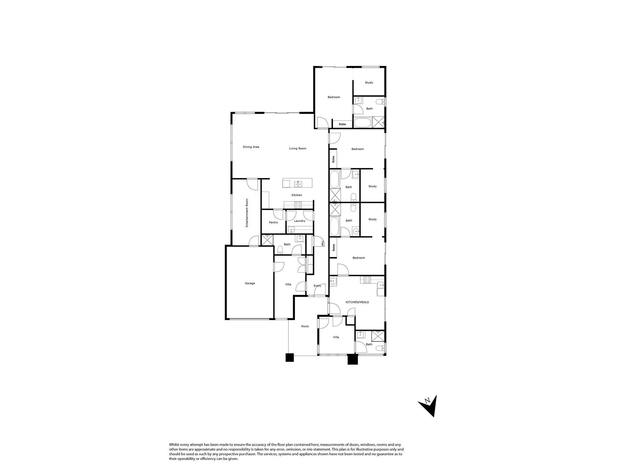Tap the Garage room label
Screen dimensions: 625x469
coord(250,283)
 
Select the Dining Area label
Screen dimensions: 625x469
coord(251,147)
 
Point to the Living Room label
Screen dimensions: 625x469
coord(297,149)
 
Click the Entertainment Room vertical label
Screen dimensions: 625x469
coord(247,213)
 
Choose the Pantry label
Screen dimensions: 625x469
coord(273,223)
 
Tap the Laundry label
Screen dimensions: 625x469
coord(300,221)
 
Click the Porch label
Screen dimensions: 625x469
coord(305,326)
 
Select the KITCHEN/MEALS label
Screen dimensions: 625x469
coord(357,302)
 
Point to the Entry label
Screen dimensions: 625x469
coord(317,286)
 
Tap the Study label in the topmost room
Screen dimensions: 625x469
coord(369,83)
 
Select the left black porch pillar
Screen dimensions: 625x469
coord(290,357)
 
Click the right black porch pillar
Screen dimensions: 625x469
coord(353,359)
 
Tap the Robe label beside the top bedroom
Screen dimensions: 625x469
coord(342,124)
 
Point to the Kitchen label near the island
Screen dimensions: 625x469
coord(297,195)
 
